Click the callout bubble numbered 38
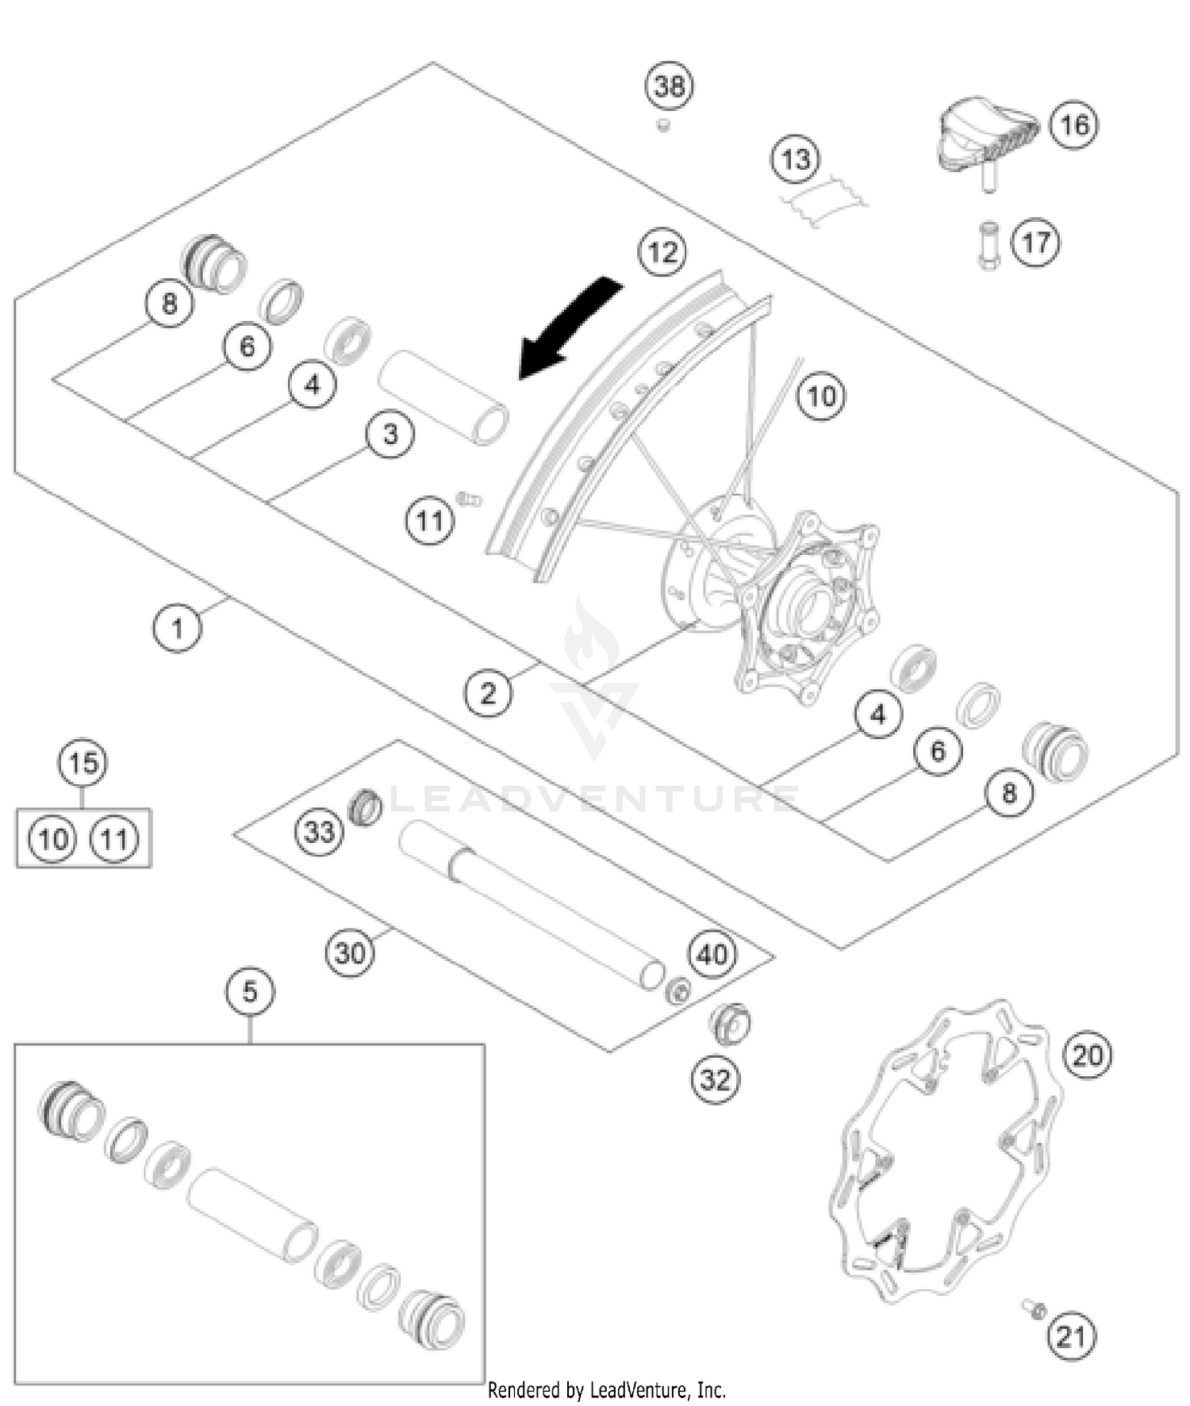670,85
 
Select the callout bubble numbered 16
1074,125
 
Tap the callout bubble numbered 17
1035,242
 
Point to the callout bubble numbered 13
796,159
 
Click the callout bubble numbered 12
662,252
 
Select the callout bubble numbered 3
390,434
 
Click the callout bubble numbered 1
177,627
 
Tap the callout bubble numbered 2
488,693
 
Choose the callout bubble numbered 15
83,763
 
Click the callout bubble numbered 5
250,991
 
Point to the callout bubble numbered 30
350,952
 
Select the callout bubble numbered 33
320,832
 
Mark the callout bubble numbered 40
712,954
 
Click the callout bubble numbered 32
715,1078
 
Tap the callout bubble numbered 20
1088,1055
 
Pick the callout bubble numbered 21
1071,1336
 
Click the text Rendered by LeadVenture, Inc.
607,1389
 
